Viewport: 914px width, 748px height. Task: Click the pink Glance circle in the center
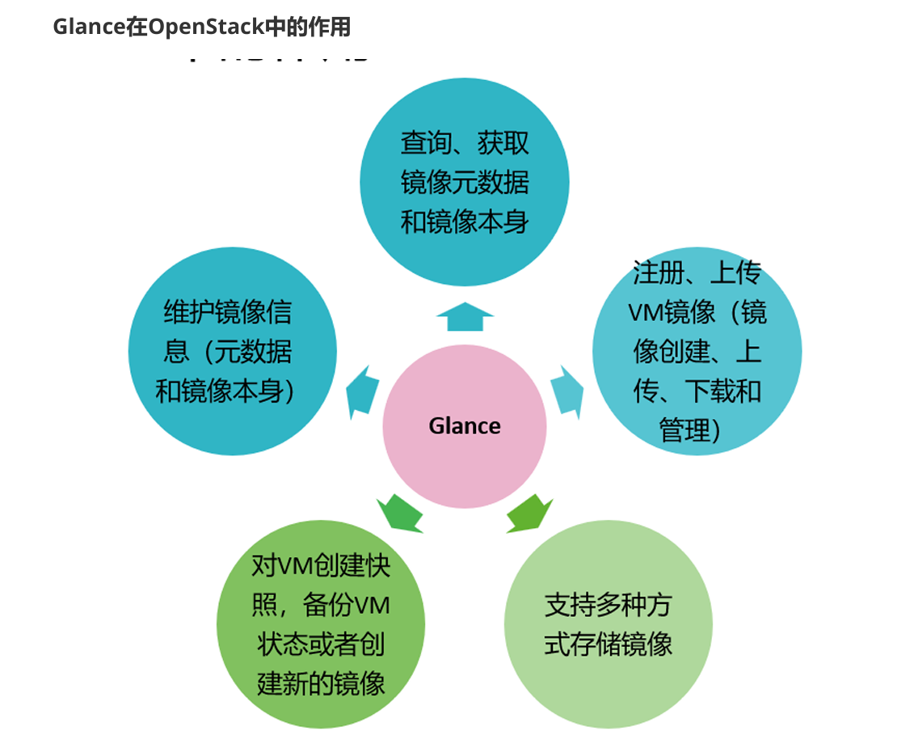coord(464,453)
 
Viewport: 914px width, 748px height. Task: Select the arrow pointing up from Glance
coord(465,317)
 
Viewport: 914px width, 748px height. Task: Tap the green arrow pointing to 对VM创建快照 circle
coord(399,513)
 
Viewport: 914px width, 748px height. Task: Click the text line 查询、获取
coord(465,143)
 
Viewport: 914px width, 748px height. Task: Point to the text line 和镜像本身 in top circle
coord(465,221)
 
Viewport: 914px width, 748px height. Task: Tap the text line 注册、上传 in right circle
coord(697,273)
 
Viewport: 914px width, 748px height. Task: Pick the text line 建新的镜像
coord(321,683)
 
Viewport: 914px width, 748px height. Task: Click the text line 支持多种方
coord(608,606)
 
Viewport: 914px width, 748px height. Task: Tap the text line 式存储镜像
coord(608,644)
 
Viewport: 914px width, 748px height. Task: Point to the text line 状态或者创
coord(321,644)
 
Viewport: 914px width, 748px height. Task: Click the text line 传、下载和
coord(697,391)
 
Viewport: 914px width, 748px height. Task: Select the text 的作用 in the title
coord(321,27)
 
